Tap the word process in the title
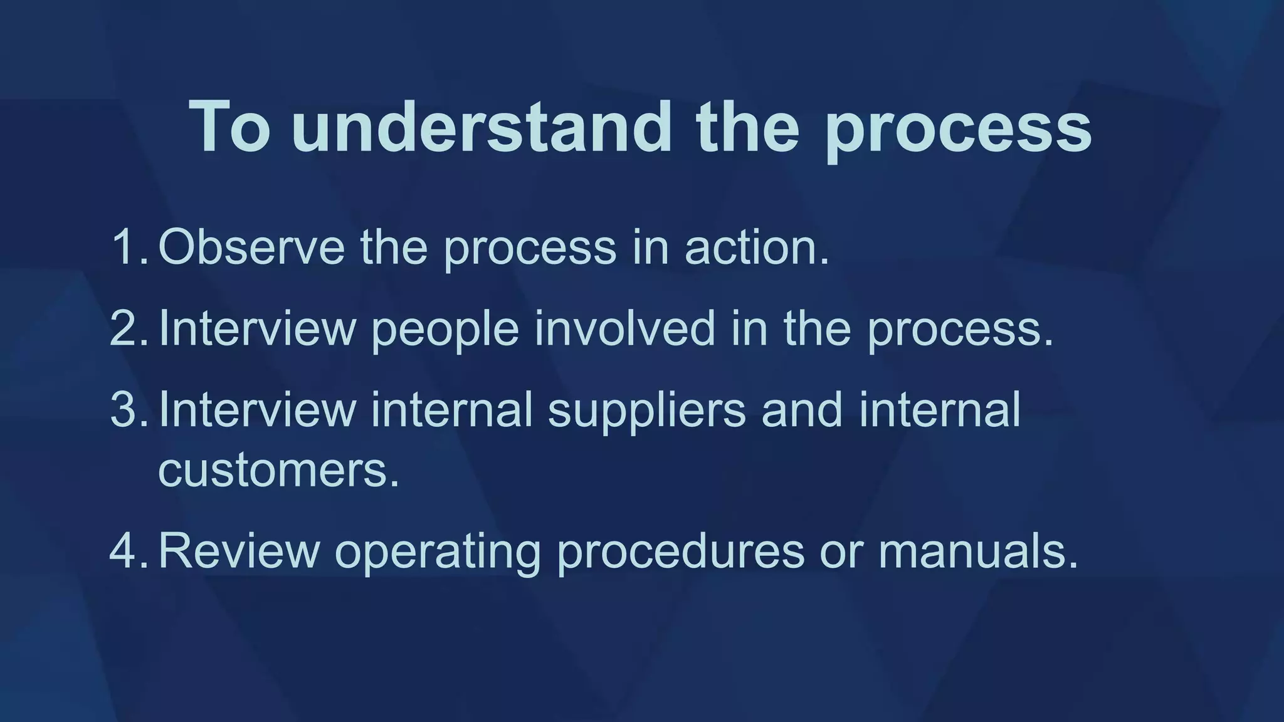(x=959, y=132)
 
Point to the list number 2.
(x=127, y=328)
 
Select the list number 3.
(x=127, y=409)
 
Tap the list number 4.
(x=127, y=550)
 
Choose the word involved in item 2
(x=624, y=328)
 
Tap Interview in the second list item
(x=257, y=328)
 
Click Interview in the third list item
(x=257, y=409)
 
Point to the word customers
(x=278, y=470)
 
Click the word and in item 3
(x=802, y=409)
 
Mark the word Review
(x=239, y=550)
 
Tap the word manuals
(x=977, y=550)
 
